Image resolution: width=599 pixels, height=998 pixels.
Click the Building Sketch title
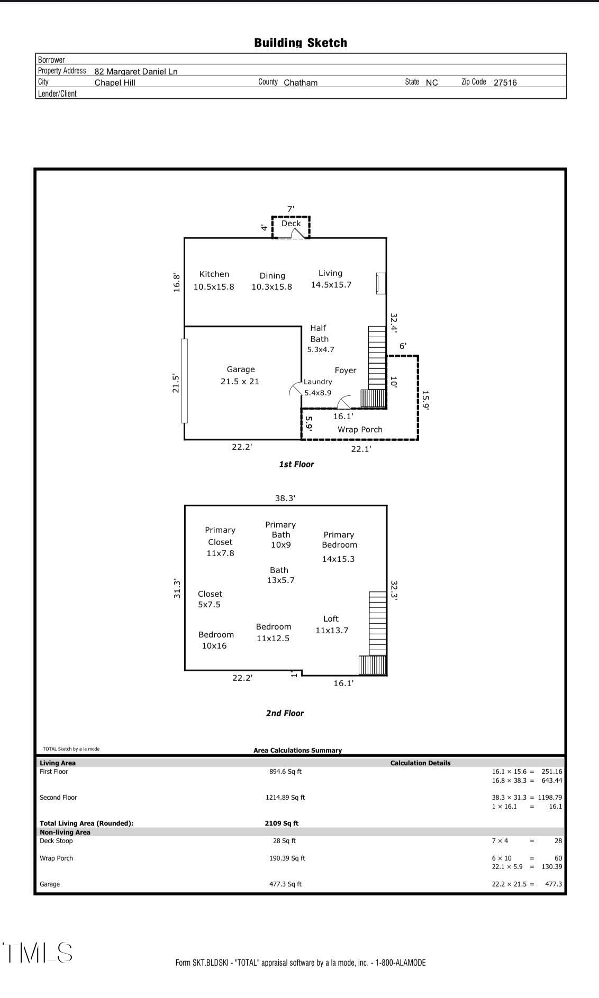click(301, 43)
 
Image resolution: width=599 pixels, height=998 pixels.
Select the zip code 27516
click(505, 82)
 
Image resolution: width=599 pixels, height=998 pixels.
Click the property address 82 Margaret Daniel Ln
click(136, 71)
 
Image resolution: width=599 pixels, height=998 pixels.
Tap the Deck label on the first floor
click(291, 224)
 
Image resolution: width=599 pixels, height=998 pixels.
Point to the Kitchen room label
click(214, 274)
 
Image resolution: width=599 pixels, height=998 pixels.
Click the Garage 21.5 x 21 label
click(240, 375)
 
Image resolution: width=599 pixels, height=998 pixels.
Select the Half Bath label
click(319, 334)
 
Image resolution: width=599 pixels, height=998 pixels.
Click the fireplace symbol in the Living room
click(380, 283)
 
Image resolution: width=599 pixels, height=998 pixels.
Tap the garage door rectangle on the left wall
click(185, 381)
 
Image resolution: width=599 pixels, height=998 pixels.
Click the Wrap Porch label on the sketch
click(360, 430)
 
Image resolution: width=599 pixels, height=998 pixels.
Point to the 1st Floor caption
click(296, 465)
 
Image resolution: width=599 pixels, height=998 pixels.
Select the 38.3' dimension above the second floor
click(285, 498)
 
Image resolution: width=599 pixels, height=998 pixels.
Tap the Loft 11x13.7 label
click(332, 624)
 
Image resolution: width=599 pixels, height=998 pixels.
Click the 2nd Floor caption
click(285, 714)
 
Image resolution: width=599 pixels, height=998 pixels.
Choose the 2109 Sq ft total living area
click(282, 823)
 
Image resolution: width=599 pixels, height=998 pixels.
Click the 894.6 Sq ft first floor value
click(285, 772)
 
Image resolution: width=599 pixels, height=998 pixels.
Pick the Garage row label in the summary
click(50, 884)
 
